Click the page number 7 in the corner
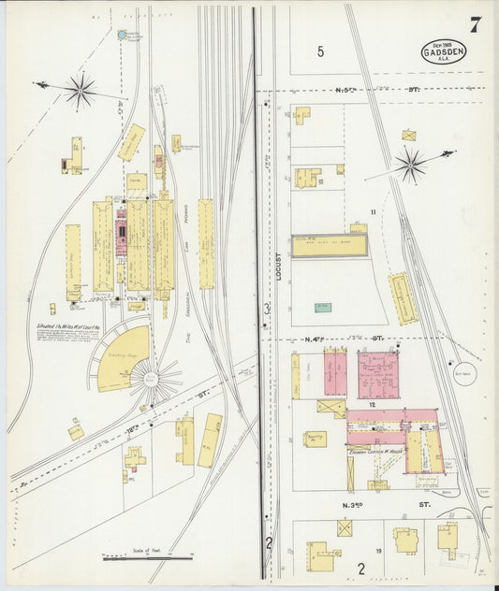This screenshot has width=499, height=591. [x=476, y=25]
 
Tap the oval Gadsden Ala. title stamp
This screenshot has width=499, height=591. [x=443, y=51]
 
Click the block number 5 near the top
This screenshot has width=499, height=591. [x=320, y=52]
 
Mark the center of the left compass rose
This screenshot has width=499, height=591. [x=81, y=91]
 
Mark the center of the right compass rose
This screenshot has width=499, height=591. [x=410, y=166]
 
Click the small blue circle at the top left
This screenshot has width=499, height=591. [x=122, y=35]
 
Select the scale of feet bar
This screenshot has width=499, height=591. [x=147, y=557]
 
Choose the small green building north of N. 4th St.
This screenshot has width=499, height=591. [x=322, y=306]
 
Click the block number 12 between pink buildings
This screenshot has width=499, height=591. [x=372, y=405]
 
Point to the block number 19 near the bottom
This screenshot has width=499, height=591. [x=378, y=552]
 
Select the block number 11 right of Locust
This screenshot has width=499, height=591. [x=373, y=213]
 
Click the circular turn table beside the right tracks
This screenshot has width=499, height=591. [x=460, y=366]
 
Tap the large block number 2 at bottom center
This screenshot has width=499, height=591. [x=360, y=567]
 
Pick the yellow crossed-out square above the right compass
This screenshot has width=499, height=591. [x=408, y=135]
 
